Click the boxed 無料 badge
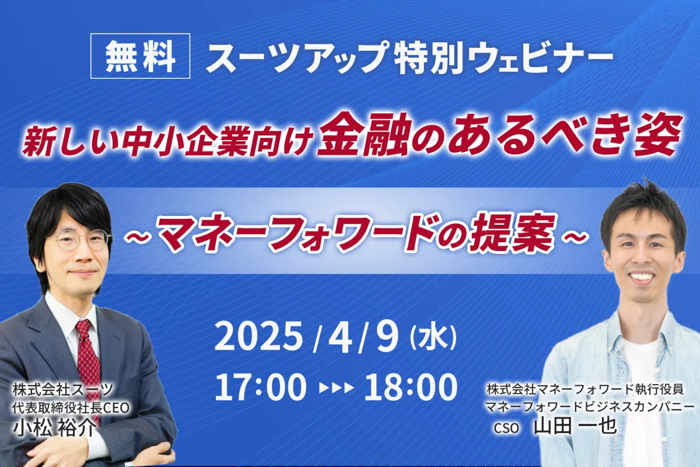(141, 55)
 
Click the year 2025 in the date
(260, 339)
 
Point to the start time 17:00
(260, 387)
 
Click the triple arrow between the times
(336, 388)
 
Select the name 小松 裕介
(54, 427)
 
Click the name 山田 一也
(575, 426)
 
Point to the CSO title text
(506, 427)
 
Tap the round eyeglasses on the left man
(79, 239)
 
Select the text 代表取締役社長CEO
(71, 408)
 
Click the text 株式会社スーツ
(62, 390)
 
